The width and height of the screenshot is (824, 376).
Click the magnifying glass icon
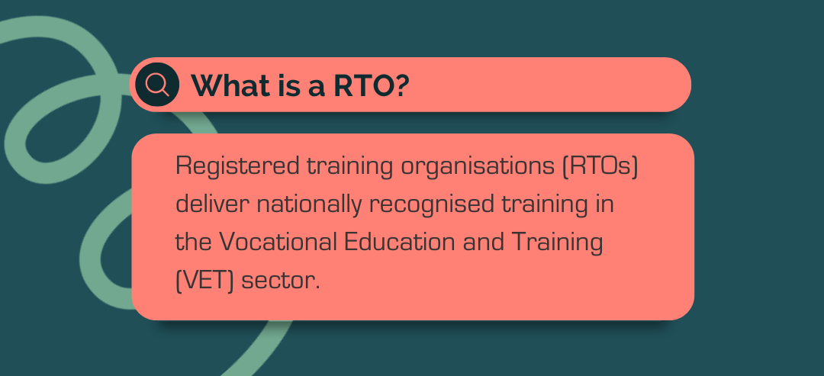tap(157, 84)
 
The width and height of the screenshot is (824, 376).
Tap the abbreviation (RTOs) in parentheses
tap(600, 166)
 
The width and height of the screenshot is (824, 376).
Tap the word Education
tap(400, 242)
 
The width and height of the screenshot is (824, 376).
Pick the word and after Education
tap(484, 242)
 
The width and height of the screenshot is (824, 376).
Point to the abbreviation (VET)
tap(204, 279)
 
